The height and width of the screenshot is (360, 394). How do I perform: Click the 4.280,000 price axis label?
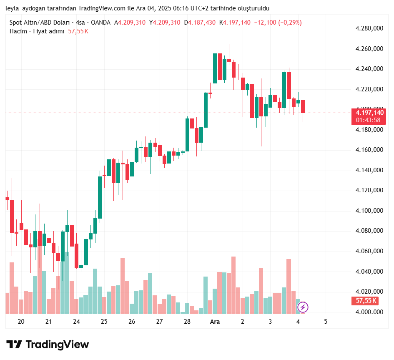click(369, 28)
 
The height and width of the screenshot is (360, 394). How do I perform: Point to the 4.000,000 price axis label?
click(369, 312)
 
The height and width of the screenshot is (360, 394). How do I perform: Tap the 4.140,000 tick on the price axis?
click(369, 170)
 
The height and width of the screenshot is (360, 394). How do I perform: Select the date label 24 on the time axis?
click(76, 322)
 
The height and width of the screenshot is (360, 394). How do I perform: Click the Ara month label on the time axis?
click(215, 322)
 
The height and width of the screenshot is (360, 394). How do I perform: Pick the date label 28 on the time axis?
click(187, 322)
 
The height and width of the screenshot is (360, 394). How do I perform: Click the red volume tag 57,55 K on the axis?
click(366, 300)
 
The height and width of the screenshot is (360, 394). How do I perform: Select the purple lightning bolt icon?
click(303, 307)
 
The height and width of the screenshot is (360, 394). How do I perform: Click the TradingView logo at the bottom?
click(48, 344)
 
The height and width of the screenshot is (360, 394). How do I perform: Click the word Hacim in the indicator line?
click(18, 31)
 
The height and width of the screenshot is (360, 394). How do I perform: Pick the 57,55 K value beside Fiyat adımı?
click(78, 31)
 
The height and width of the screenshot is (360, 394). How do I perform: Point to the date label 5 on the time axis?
click(326, 322)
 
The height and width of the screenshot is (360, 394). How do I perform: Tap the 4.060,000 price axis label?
click(369, 251)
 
